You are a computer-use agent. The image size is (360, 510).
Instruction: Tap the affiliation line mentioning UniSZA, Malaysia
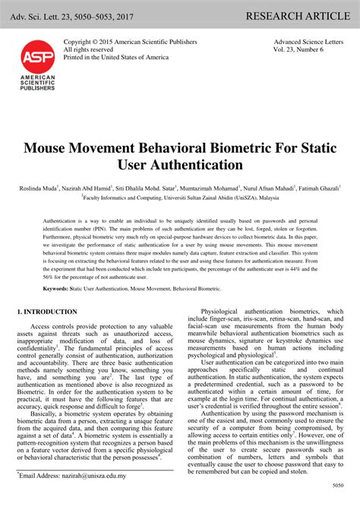(x=180, y=196)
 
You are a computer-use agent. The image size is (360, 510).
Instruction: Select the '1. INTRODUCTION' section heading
(x=46, y=312)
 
